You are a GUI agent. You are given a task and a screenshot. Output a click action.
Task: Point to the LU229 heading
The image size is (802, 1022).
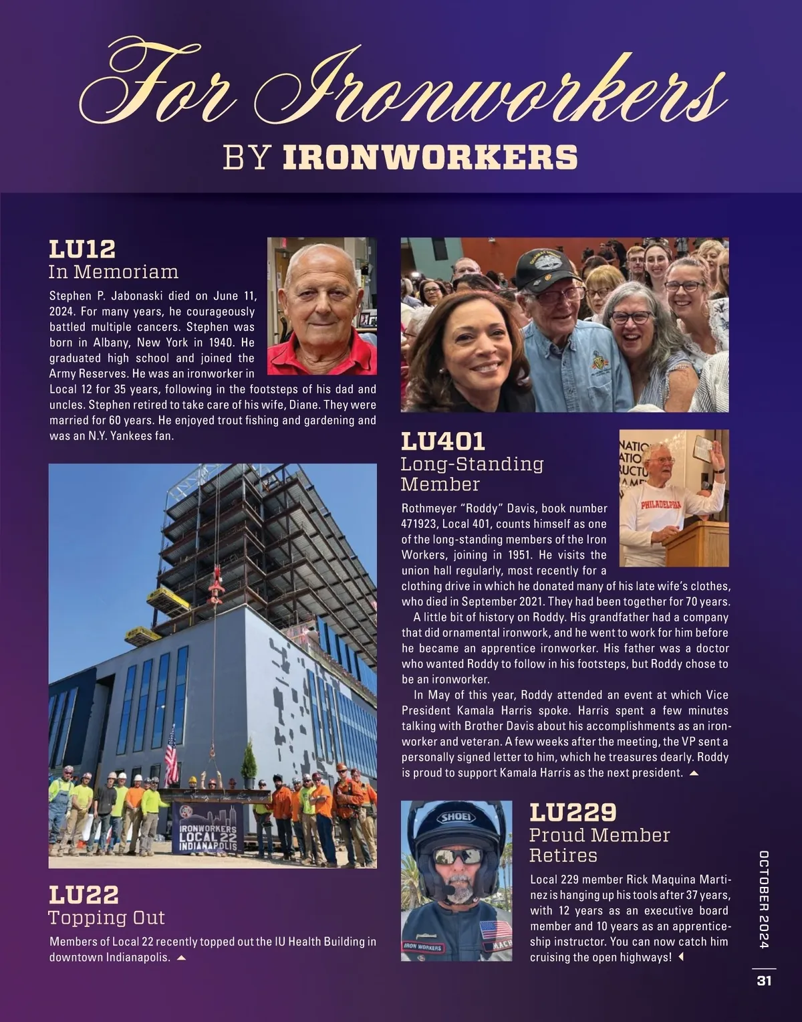(x=572, y=813)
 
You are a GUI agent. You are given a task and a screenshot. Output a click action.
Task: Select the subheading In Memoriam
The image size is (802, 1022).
(x=114, y=272)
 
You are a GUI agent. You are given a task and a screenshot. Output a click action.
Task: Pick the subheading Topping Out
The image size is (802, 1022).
(x=107, y=917)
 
